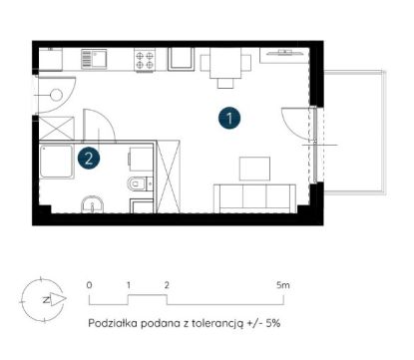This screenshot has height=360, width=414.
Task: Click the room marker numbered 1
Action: (x=229, y=118)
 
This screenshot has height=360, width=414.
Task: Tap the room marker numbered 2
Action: (x=89, y=159)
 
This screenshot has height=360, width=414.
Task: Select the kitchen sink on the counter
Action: (x=94, y=59)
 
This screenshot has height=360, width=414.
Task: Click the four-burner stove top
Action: (x=145, y=60)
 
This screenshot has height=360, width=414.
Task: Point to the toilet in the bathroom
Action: (x=137, y=183)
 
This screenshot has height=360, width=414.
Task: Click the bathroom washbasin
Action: (x=93, y=204)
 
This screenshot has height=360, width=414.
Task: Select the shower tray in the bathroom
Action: (x=56, y=162)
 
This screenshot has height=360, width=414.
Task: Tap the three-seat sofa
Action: (x=254, y=198)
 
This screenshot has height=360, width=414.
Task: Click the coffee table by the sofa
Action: (x=254, y=169)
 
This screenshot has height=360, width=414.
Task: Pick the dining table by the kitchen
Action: (x=225, y=63)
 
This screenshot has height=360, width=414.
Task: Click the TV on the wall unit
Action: (x=285, y=52)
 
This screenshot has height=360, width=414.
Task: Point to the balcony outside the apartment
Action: (x=354, y=133)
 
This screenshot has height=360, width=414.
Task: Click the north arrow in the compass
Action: (x=58, y=299)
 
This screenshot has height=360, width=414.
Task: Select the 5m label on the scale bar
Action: (x=283, y=285)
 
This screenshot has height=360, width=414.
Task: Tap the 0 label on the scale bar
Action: (x=89, y=285)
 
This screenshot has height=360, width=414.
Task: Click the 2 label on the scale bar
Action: (x=167, y=285)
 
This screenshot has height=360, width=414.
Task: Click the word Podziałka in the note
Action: (x=113, y=323)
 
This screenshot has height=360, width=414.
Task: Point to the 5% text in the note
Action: (x=272, y=323)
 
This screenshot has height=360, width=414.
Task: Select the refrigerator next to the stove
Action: (x=181, y=59)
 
